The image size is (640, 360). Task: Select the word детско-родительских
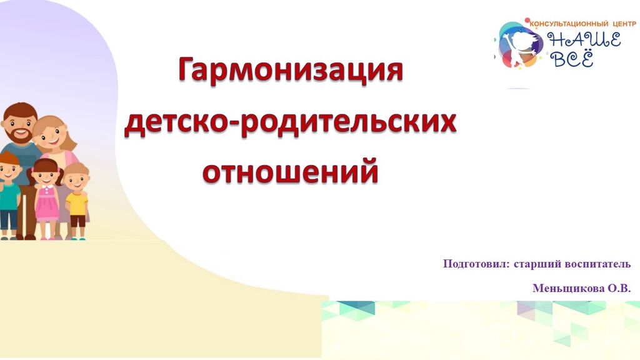click(290, 122)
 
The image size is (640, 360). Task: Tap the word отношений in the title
click(291, 171)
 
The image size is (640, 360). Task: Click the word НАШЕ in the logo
click(584, 40)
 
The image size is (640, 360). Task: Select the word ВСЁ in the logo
click(572, 59)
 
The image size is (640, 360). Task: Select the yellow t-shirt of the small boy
click(77, 204)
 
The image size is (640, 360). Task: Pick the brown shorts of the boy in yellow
click(77, 221)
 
